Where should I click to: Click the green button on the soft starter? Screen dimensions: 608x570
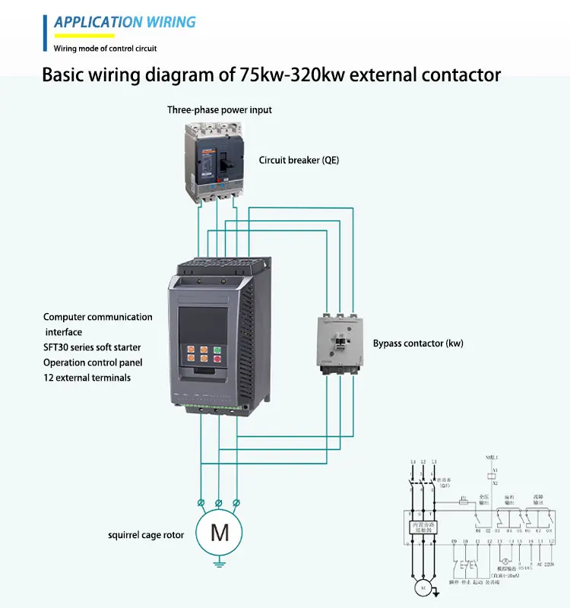point(217,352)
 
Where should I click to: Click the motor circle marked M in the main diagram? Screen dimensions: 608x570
point(219,533)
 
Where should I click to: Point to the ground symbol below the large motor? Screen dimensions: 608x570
point(219,563)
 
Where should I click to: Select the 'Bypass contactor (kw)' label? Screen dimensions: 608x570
point(418,344)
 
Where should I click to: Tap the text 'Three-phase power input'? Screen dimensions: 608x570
point(219,110)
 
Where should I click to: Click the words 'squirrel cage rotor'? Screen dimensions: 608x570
point(146,535)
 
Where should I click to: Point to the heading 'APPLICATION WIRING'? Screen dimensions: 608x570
point(125,22)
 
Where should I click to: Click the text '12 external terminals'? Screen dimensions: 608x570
point(87,378)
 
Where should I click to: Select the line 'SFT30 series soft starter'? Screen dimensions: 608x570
point(92,347)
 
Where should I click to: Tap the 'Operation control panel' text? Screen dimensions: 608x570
point(93,363)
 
